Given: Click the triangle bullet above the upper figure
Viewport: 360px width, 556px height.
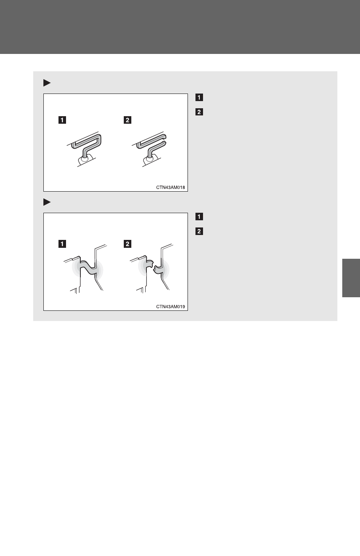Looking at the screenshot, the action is (x=47, y=83).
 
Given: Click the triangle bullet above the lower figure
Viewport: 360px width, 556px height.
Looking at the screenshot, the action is (x=47, y=202).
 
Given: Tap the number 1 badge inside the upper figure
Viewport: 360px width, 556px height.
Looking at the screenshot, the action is (x=62, y=120).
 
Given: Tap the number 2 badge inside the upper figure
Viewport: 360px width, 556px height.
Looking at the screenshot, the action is (x=128, y=120).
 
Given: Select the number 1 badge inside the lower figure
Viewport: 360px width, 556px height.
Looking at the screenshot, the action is (x=62, y=244).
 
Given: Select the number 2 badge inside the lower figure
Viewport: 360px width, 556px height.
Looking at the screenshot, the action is (x=128, y=244).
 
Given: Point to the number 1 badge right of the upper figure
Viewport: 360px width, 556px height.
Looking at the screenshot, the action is (x=199, y=97).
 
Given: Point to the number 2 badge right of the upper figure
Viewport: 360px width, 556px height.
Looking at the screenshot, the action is (x=199, y=112).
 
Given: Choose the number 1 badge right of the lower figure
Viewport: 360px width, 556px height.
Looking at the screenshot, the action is (x=199, y=217).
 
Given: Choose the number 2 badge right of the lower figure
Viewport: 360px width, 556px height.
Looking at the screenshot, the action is (x=199, y=231).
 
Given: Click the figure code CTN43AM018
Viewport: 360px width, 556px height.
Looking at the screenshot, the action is (x=171, y=187).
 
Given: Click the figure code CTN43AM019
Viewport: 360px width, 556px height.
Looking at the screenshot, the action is (x=171, y=307).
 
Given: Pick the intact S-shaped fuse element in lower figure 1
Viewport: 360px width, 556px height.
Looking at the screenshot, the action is (x=88, y=267).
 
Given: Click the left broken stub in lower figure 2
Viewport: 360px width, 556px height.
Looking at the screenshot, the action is (x=149, y=263).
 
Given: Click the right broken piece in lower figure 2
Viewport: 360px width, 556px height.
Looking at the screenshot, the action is (x=158, y=270).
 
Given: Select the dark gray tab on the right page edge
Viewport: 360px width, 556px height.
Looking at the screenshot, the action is (x=351, y=278).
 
